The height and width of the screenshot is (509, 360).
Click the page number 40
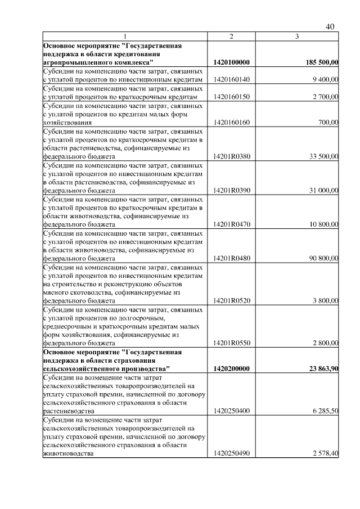tap(330, 27)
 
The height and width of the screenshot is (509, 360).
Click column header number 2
tap(231, 37)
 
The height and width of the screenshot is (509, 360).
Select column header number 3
tap(296, 37)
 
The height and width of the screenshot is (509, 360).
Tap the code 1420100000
tap(232, 62)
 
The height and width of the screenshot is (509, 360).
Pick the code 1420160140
tap(232, 80)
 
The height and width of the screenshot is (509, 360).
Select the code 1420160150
tap(232, 97)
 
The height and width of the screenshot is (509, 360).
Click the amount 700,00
tap(328, 123)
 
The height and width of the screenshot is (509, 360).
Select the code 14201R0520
tap(232, 301)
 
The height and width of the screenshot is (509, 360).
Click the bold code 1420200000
tap(232, 369)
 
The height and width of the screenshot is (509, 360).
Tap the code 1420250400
tap(232, 412)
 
